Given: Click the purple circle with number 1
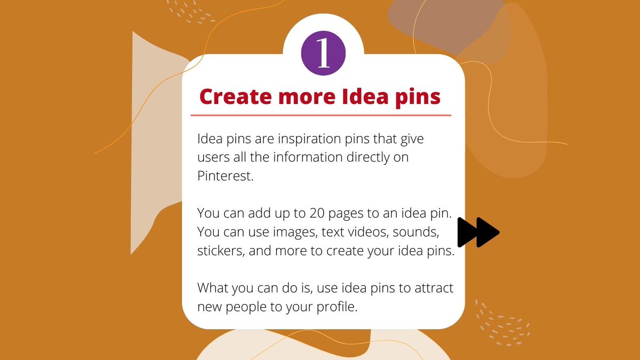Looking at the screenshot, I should (x=323, y=54).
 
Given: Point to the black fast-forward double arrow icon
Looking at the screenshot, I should (x=478, y=232).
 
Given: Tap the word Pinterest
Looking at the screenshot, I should (x=223, y=176).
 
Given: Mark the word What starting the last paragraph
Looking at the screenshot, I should (x=212, y=288).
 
